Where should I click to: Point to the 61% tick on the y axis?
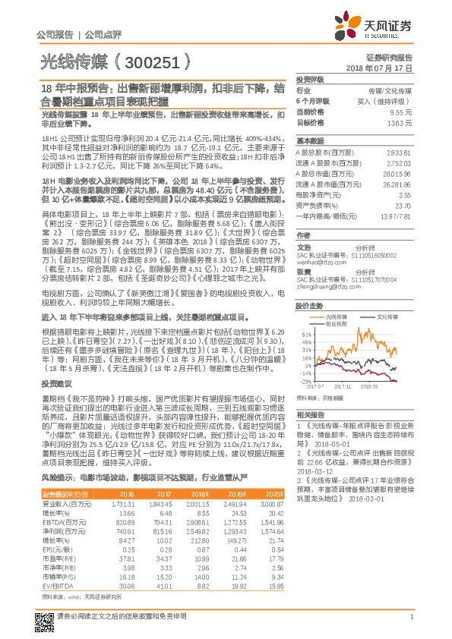coord(305,333)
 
